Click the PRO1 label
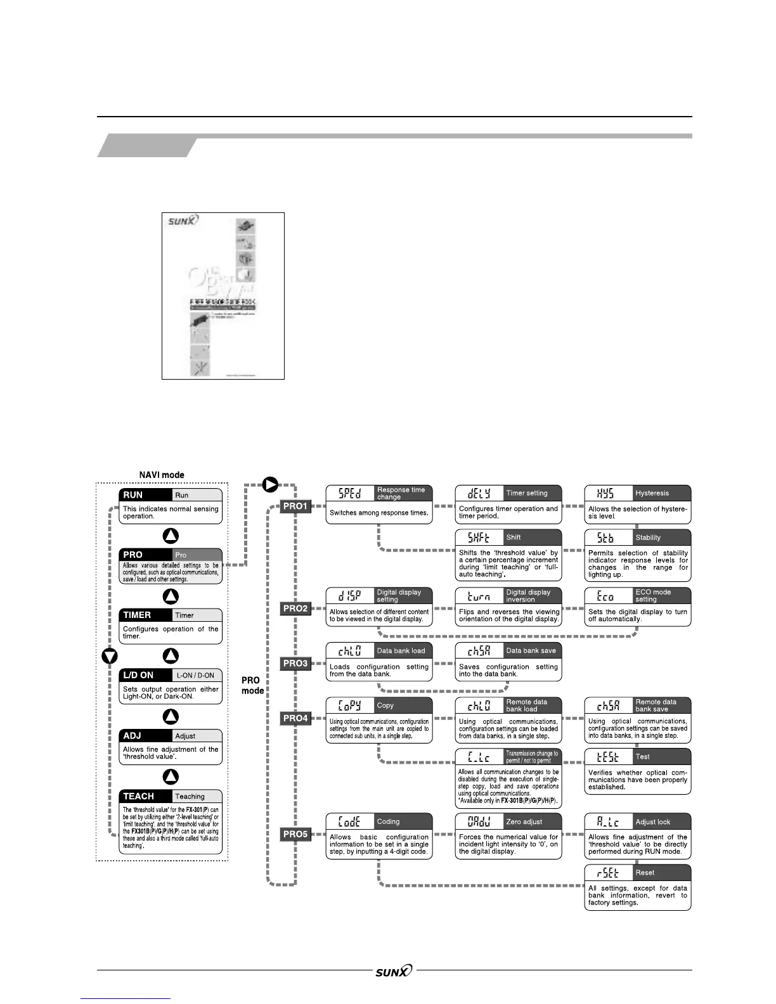(x=295, y=506)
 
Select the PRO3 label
(x=295, y=663)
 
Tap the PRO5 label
(x=295, y=834)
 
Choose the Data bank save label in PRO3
(x=531, y=650)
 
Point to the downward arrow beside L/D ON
(x=110, y=656)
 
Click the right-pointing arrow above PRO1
(x=271, y=486)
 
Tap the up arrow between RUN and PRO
(x=171, y=536)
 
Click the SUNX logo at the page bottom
(x=393, y=970)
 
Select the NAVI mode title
(x=162, y=475)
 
